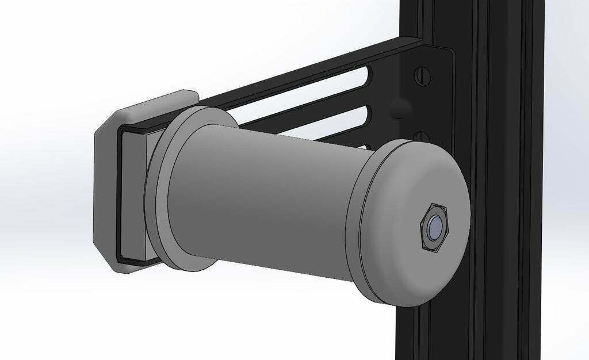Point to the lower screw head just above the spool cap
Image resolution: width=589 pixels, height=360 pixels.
pyautogui.click(x=422, y=137)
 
